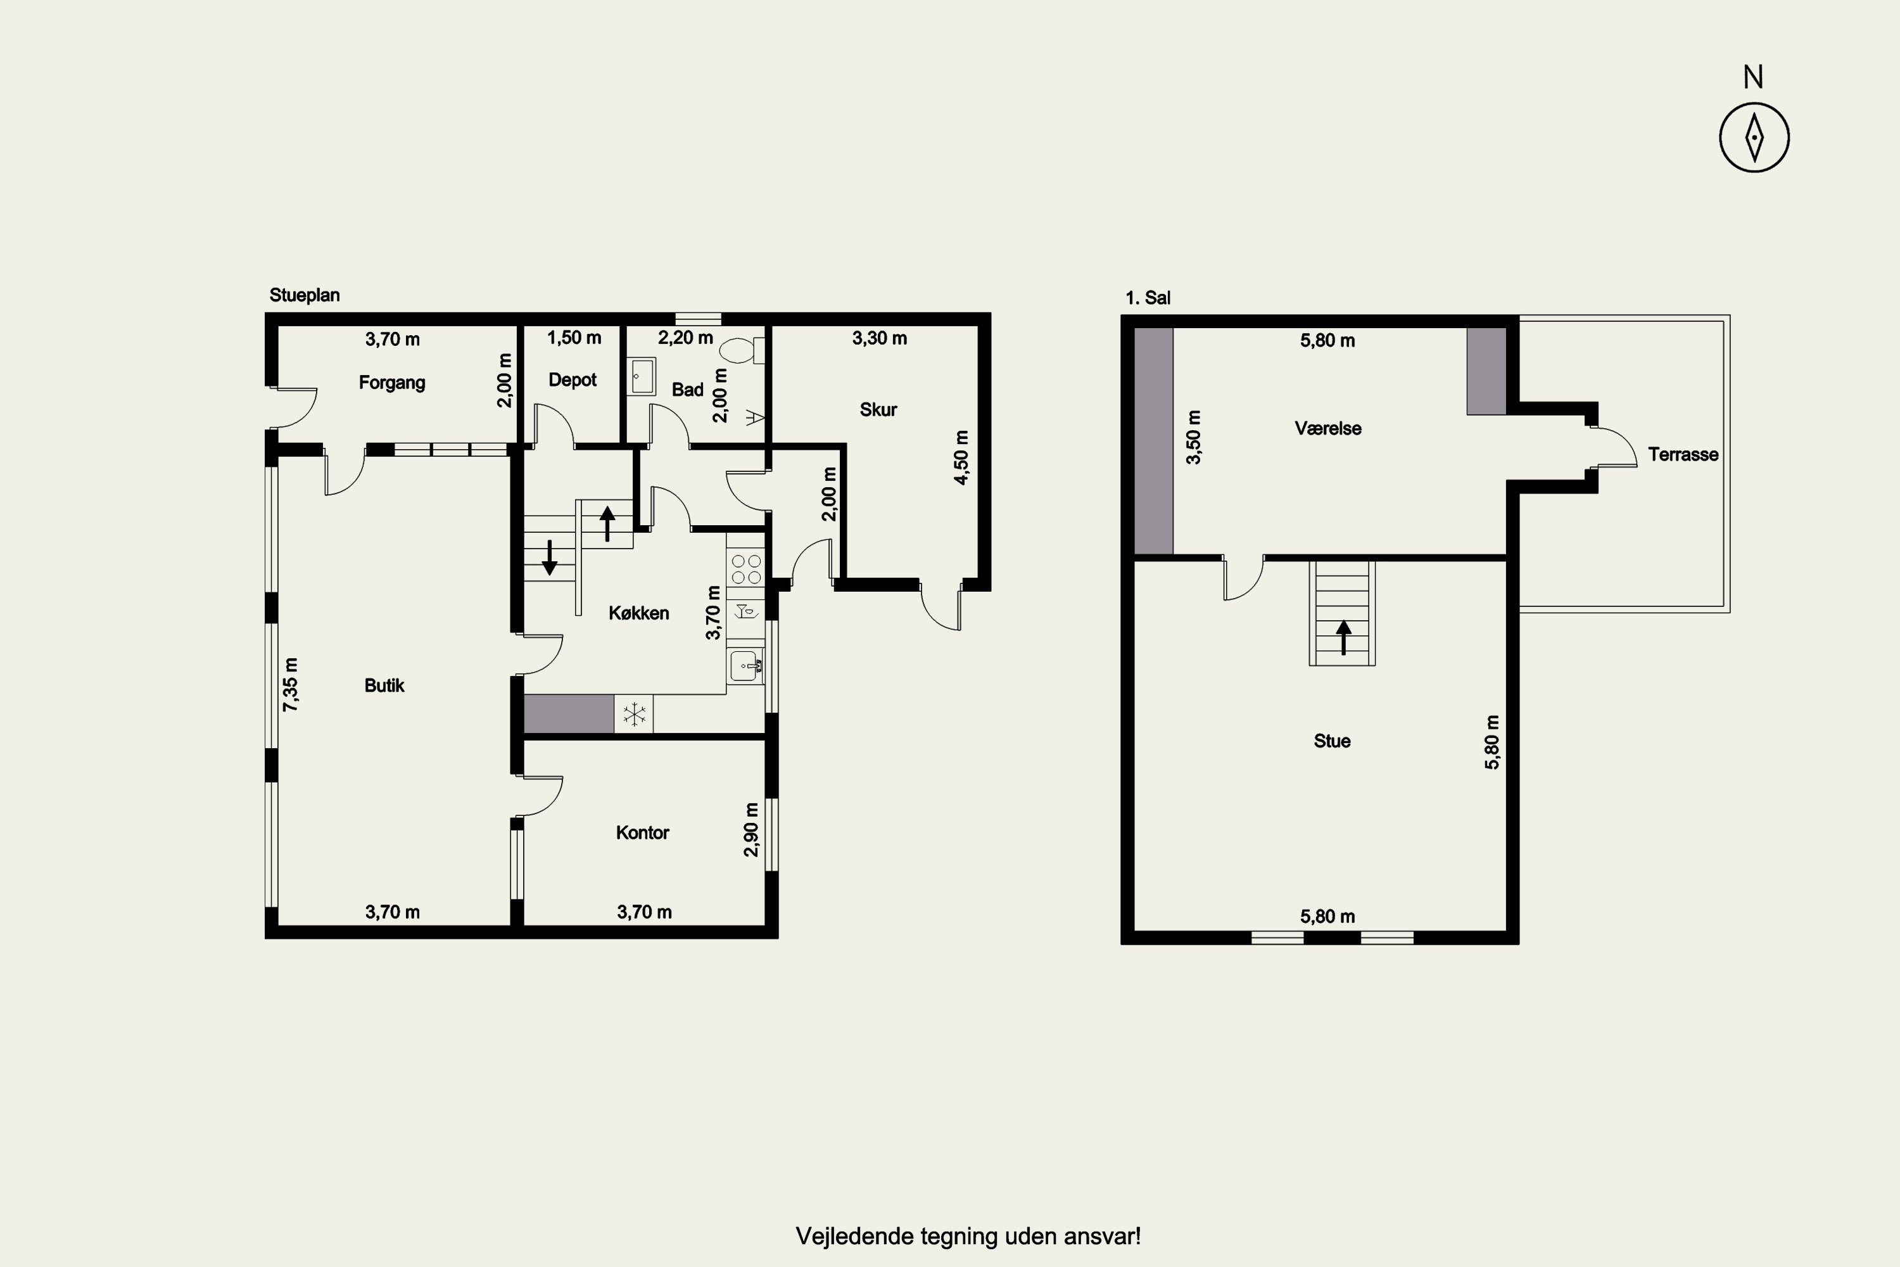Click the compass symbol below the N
1754,137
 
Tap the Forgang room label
392,382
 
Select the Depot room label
572,379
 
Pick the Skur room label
878,410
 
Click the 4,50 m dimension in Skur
961,457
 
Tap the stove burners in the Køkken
745,569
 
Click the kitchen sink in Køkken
745,666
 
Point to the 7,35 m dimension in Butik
290,684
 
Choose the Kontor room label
642,832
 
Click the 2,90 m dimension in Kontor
751,830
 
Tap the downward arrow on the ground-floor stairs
549,557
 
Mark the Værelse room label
1328,428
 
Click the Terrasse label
1683,454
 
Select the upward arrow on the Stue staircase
1343,637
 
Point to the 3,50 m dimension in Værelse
1193,437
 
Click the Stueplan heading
305,296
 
